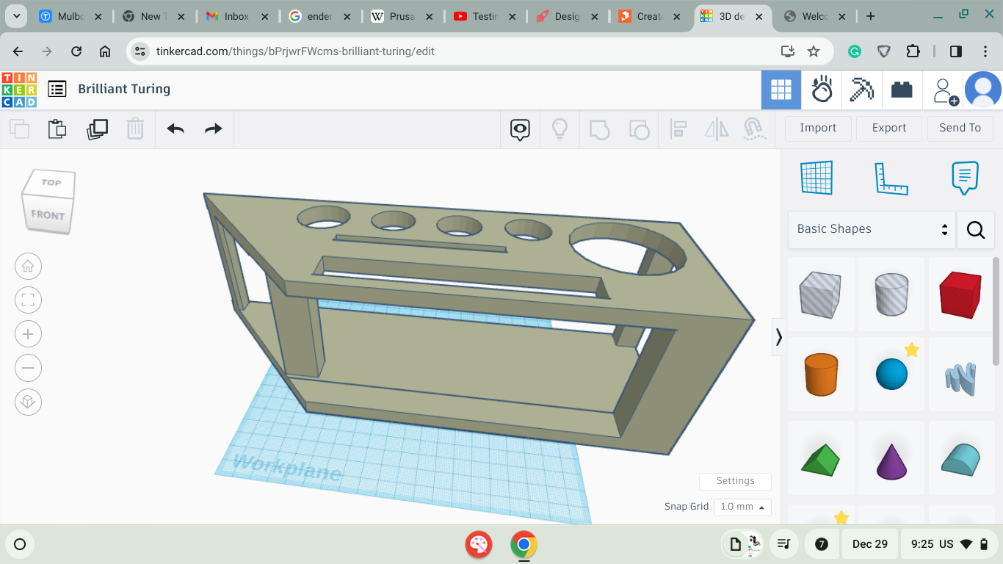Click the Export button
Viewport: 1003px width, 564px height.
[x=889, y=128]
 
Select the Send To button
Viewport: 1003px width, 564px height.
[x=960, y=128]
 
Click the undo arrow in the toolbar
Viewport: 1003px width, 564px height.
[x=175, y=129]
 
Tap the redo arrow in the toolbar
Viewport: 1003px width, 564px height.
[x=213, y=129]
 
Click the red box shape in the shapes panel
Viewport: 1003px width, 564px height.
[x=960, y=294]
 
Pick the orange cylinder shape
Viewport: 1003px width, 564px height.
[x=821, y=374]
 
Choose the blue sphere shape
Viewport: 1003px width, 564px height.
[x=891, y=374]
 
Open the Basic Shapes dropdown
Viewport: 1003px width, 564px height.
[x=872, y=229]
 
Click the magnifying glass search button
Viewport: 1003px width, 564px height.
[x=976, y=230]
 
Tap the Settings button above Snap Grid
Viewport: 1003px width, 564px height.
[x=735, y=481]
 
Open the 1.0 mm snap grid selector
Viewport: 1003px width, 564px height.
[x=742, y=507]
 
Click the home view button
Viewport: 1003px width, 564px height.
[x=28, y=267]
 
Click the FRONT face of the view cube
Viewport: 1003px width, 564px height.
[x=48, y=215]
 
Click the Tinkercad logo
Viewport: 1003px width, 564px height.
[x=19, y=90]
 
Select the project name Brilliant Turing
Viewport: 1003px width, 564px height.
[x=124, y=89]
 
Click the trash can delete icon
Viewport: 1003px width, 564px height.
[x=135, y=129]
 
